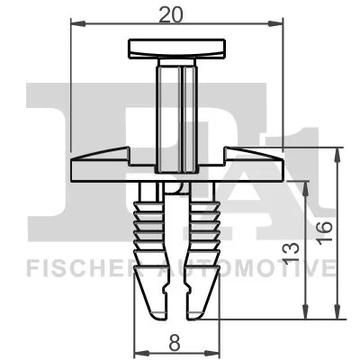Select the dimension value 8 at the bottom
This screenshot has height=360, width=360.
(175, 341)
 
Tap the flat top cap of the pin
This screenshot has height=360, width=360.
(176, 48)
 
